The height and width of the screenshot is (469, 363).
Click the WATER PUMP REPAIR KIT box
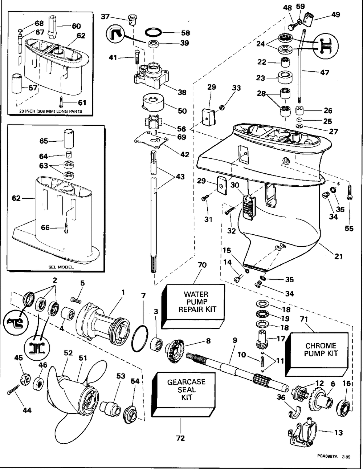pyautogui.click(x=195, y=303)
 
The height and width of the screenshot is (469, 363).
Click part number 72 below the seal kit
pyautogui.click(x=180, y=438)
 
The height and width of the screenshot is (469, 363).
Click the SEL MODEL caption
pyautogui.click(x=61, y=267)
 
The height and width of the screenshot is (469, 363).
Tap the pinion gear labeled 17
pyautogui.click(x=263, y=339)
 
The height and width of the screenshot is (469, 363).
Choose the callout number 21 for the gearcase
pyautogui.click(x=338, y=256)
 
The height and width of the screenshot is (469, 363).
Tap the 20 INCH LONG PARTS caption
pyautogui.click(x=51, y=111)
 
